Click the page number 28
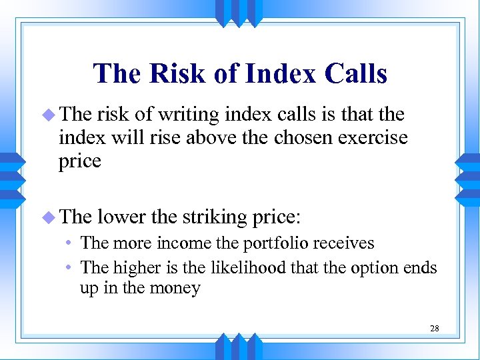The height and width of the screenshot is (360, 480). coord(434,328)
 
